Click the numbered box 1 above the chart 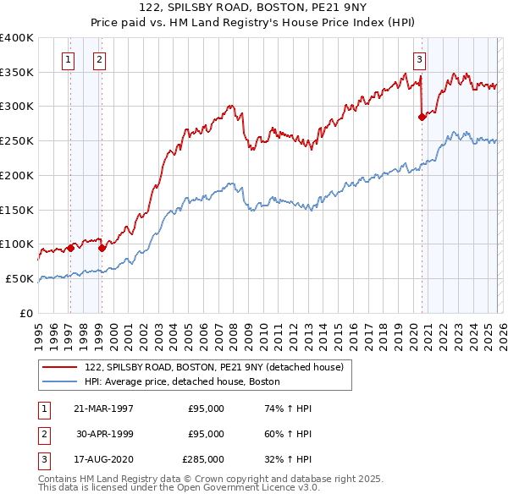point(67,59)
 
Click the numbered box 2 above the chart point(99,59)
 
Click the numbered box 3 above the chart point(419,59)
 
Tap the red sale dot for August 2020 point(422,118)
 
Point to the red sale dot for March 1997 point(71,248)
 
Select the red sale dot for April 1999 point(102,248)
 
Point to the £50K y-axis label point(19,278)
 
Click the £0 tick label point(26,313)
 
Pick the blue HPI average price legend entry point(182,382)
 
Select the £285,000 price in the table point(203,459)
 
